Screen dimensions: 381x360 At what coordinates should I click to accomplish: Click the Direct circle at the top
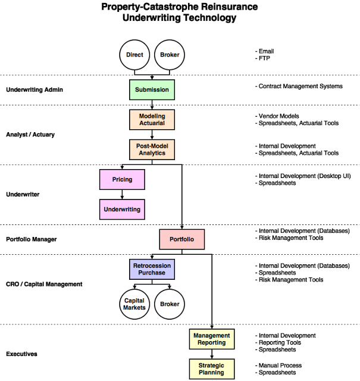(x=134, y=55)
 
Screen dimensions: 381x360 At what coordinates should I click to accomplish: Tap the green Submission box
(x=152, y=90)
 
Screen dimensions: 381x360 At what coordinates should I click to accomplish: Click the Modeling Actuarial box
(x=152, y=119)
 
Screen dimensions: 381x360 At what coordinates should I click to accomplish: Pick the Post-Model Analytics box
(x=152, y=149)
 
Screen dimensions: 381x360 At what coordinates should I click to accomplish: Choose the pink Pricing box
(x=122, y=179)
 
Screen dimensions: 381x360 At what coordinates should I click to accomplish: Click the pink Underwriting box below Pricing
(x=122, y=210)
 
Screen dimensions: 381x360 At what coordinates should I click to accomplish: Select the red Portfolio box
(x=181, y=239)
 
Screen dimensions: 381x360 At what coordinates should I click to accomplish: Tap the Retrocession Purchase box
(x=152, y=269)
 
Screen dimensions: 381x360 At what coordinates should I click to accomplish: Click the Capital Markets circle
(x=134, y=304)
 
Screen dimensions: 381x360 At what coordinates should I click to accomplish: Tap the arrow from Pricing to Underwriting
(x=122, y=194)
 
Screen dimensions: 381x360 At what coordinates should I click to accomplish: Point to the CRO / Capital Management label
(x=44, y=284)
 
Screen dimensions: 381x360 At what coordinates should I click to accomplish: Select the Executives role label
(x=21, y=354)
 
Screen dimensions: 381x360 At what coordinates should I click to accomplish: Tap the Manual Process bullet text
(x=280, y=365)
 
